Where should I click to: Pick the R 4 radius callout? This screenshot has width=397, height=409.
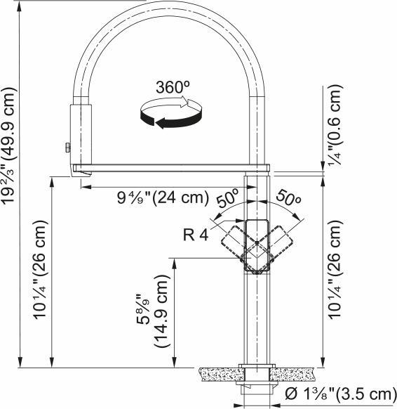[196, 235]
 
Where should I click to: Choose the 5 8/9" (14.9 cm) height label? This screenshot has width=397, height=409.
[154, 313]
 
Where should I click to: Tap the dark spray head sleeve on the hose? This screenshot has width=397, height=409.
[79, 134]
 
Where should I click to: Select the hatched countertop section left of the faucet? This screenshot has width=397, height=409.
[217, 371]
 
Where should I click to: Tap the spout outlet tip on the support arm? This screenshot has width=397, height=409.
[79, 171]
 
